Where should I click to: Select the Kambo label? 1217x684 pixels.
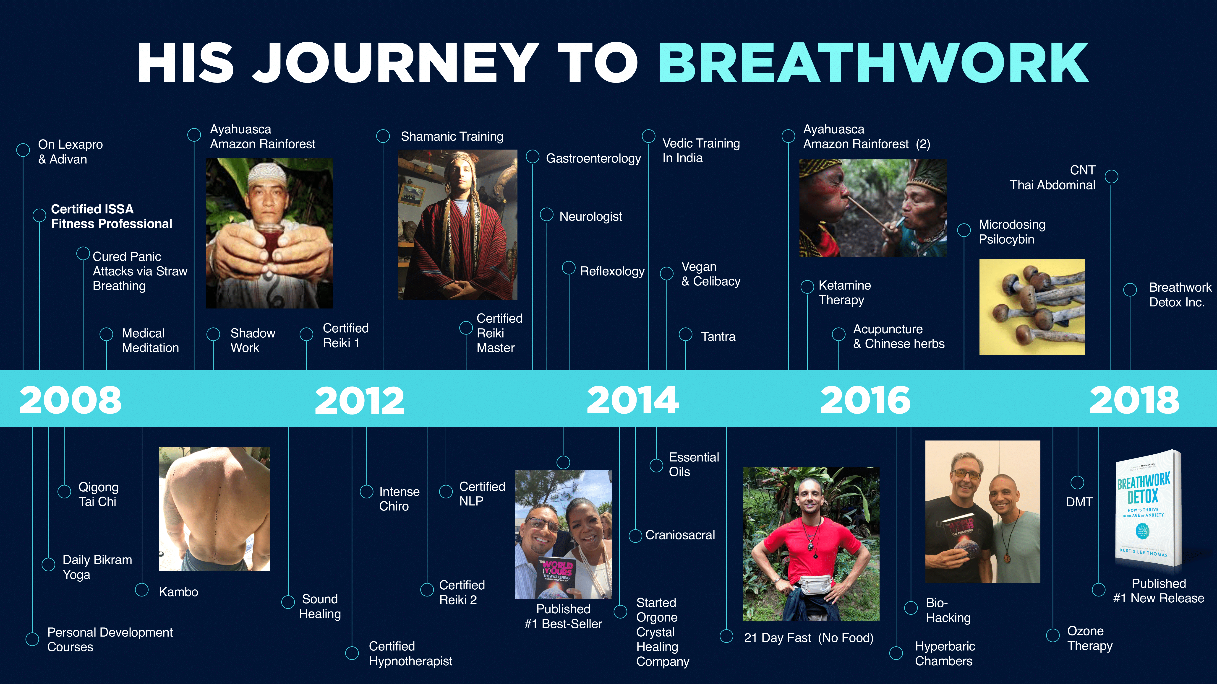(x=178, y=592)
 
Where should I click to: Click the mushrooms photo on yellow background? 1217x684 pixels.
(x=1032, y=307)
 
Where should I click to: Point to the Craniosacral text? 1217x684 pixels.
(x=680, y=535)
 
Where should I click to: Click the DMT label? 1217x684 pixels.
(x=1079, y=502)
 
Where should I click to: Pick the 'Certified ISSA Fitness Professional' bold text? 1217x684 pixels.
(x=112, y=216)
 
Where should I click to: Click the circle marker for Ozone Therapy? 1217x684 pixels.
(x=1052, y=635)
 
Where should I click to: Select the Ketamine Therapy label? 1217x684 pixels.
(x=845, y=293)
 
